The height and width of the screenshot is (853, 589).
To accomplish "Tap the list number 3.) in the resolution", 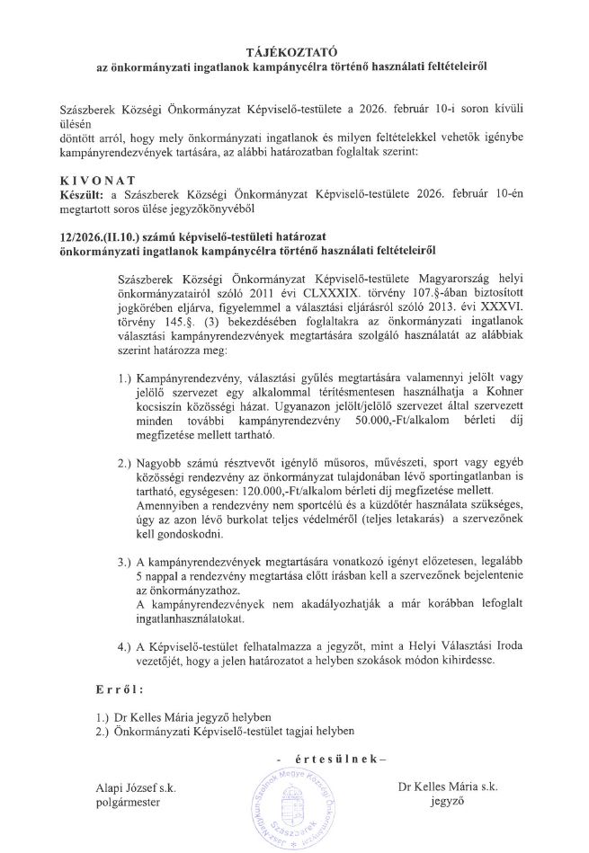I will [127, 562].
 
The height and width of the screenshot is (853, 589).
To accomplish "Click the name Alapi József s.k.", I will [136, 788].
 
